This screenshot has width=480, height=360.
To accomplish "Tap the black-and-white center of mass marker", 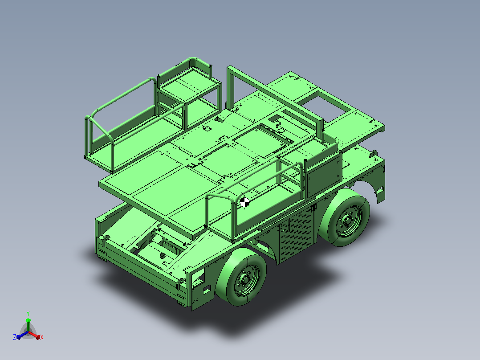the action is [x=244, y=202].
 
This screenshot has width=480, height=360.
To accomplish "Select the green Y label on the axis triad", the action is [x=28, y=313].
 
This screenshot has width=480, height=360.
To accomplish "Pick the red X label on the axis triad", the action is [x=42, y=337].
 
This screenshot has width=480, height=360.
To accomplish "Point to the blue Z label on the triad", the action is [x=14, y=337].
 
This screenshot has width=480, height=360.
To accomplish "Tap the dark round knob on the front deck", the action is [x=162, y=256].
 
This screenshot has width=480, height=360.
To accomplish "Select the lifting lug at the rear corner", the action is [x=374, y=153].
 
